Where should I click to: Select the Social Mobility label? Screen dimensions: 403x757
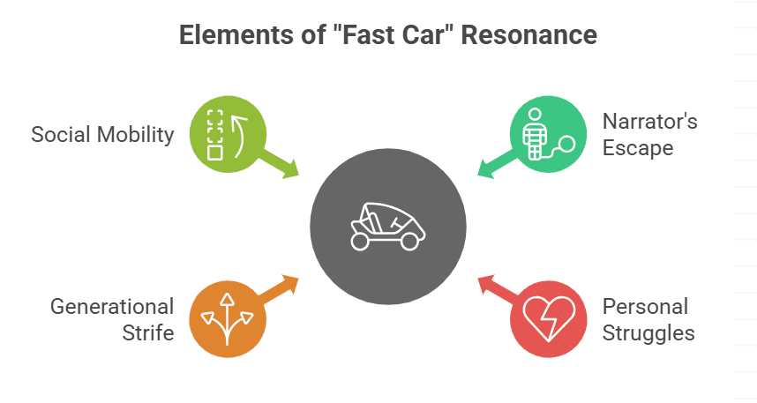(x=102, y=135)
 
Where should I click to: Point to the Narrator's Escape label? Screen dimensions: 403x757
(x=649, y=134)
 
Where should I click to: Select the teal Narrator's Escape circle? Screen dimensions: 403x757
(x=548, y=134)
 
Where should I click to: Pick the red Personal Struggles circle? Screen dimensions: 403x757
(x=548, y=318)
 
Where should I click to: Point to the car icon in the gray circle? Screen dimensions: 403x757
(x=388, y=227)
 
